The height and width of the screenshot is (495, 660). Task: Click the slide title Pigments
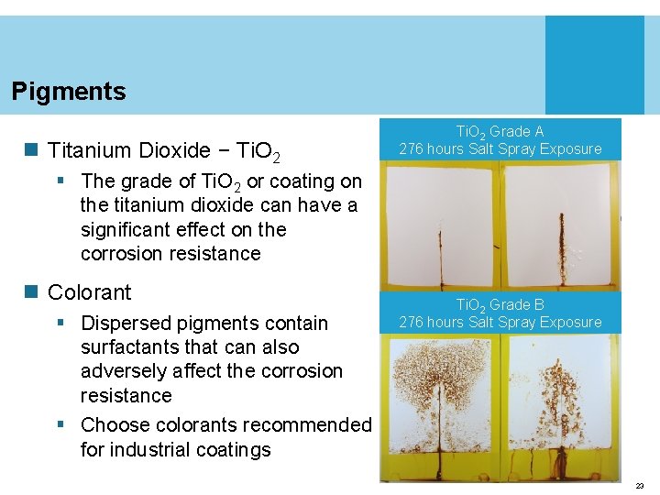(69, 92)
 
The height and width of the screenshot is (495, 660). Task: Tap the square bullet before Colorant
(33, 292)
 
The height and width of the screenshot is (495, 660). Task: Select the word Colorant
(89, 292)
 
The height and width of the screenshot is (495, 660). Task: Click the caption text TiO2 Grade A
(500, 132)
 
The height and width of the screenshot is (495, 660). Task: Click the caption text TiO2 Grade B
(500, 304)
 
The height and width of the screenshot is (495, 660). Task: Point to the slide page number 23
(640, 486)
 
